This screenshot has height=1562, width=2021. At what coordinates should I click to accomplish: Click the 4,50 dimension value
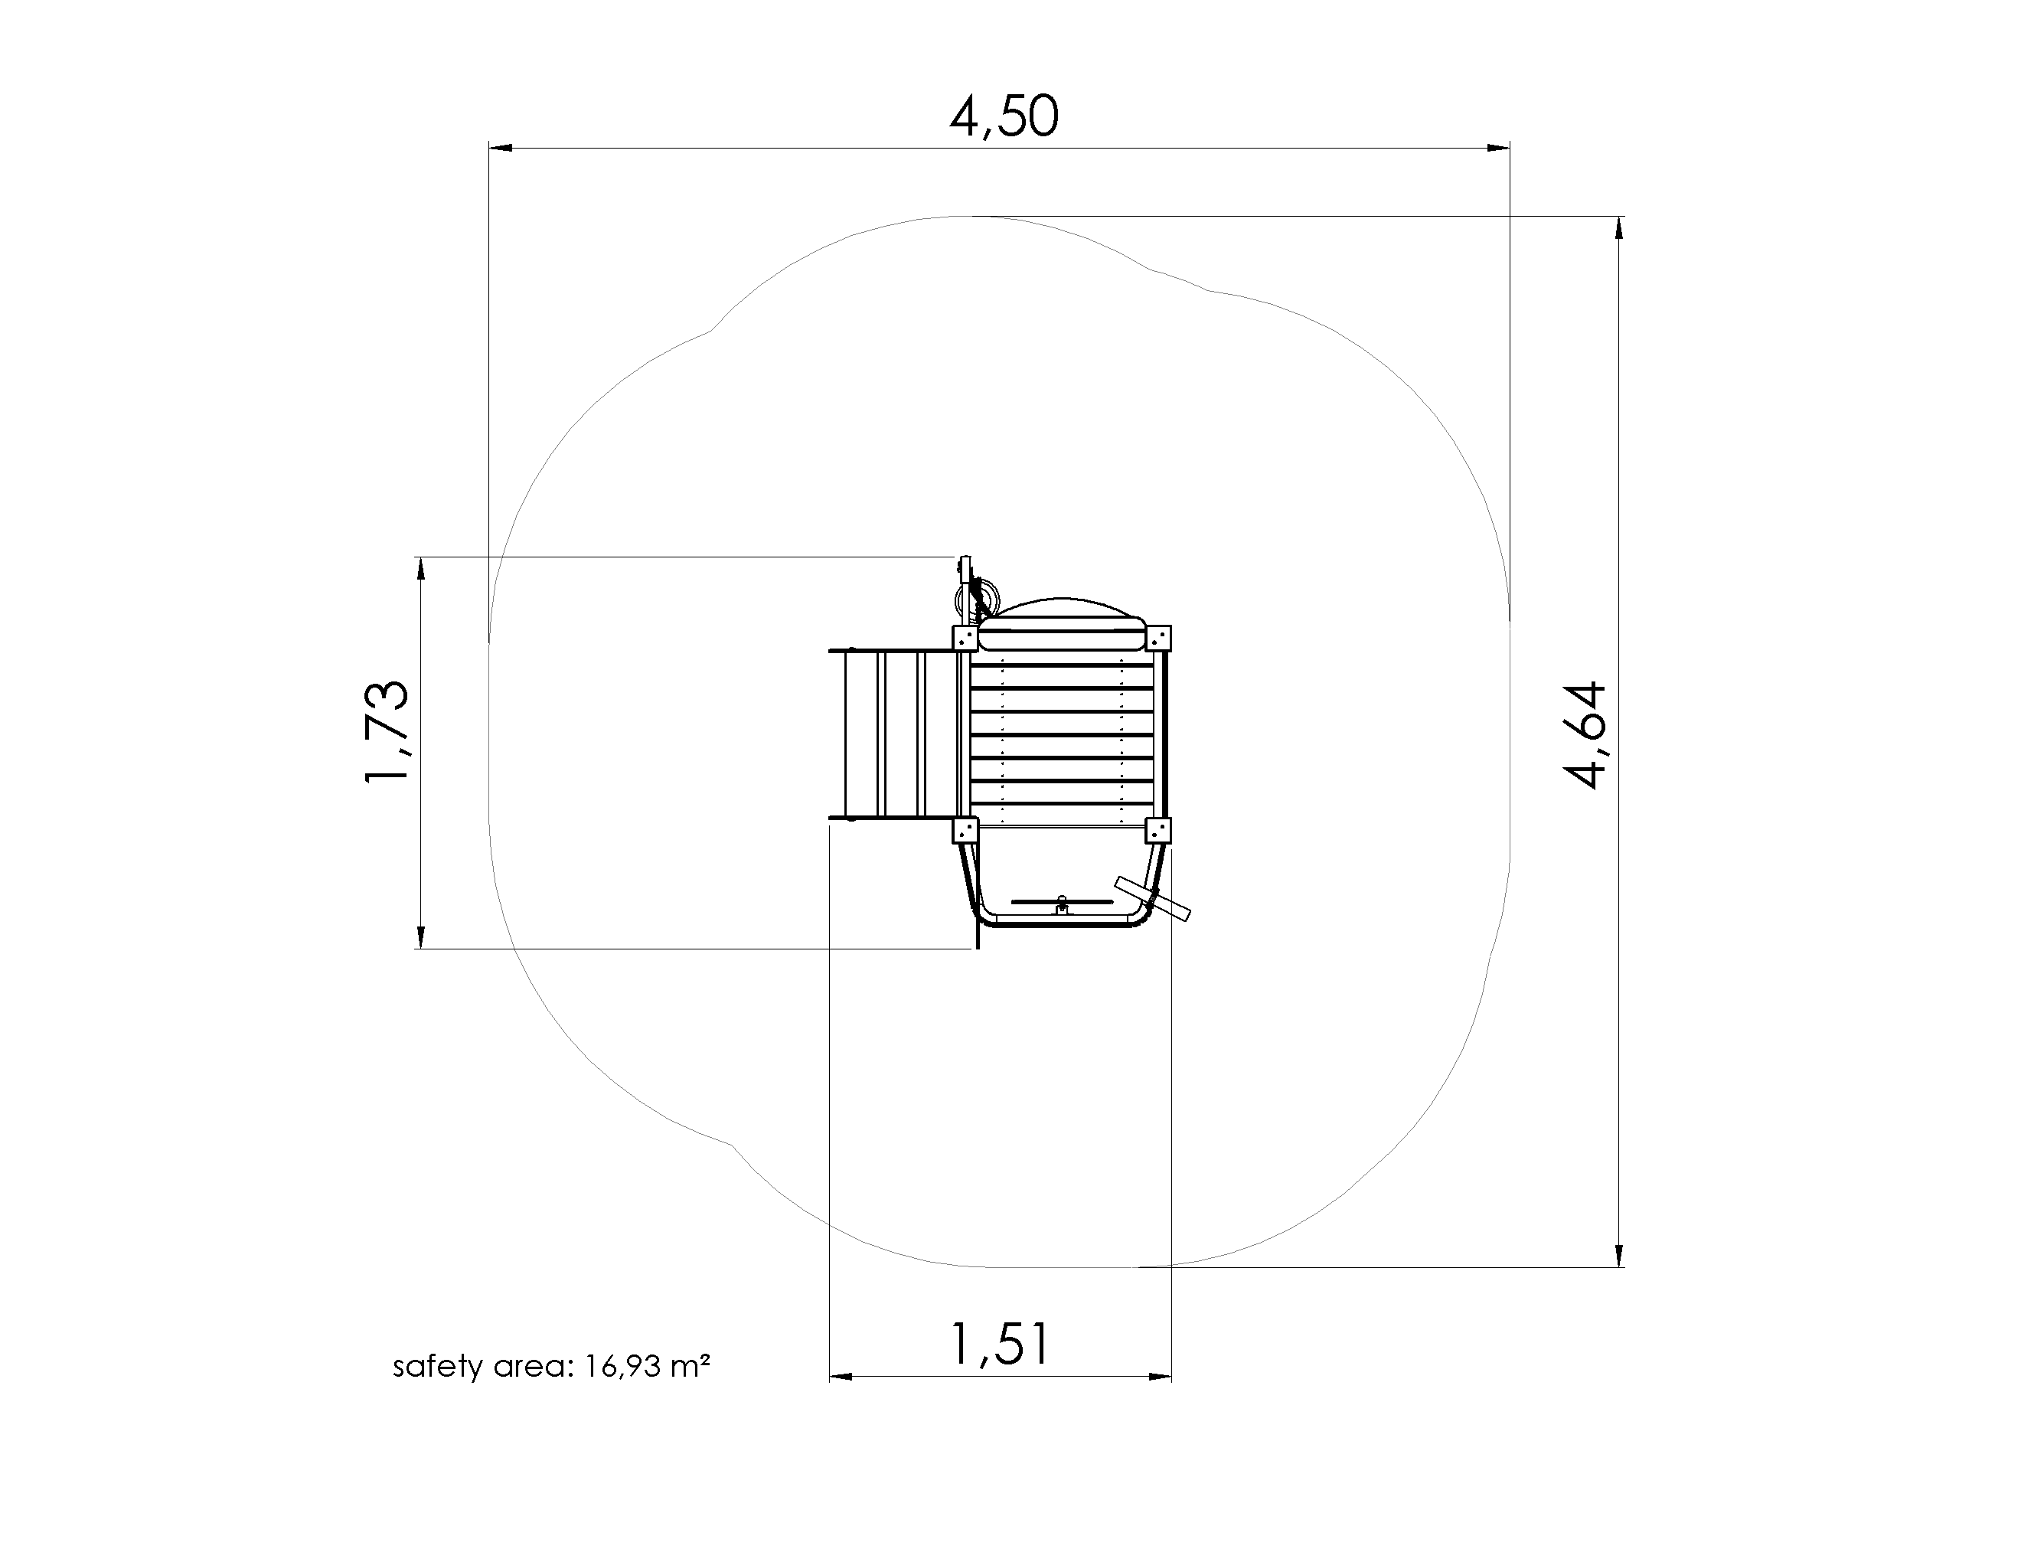[x=1004, y=117]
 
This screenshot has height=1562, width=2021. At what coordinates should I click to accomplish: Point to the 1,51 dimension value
[x=1001, y=1345]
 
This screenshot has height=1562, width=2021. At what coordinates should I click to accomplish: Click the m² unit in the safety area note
[x=690, y=1365]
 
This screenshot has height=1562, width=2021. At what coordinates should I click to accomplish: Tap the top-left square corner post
[x=965, y=639]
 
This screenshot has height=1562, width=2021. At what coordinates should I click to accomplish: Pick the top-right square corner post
[x=1157, y=639]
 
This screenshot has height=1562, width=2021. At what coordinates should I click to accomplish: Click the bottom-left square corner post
[x=965, y=830]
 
